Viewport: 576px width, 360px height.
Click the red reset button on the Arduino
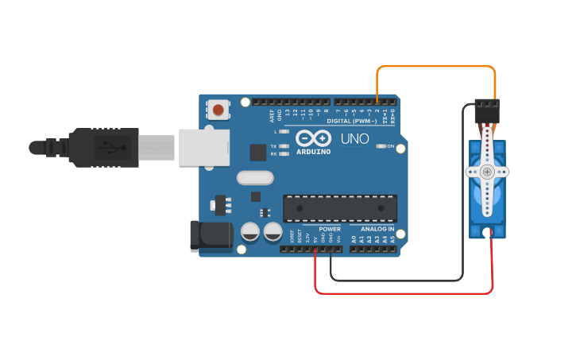pos(218,110)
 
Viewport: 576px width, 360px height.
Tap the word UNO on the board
pos(354,139)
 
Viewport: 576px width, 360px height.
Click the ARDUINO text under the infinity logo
pos(313,151)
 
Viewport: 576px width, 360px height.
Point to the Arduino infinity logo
pos(313,137)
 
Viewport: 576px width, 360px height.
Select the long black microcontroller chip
pos(340,207)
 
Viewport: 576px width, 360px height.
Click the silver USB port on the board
pos(203,147)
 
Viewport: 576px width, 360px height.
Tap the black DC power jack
pos(210,236)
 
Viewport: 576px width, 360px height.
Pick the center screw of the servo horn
pos(486,172)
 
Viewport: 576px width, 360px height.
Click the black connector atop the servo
pos(486,110)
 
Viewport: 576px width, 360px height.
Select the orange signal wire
pos(435,67)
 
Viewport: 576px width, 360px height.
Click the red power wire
pos(404,292)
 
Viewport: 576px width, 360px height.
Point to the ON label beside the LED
pos(391,146)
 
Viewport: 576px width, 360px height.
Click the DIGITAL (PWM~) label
pos(352,121)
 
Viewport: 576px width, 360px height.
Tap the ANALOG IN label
pos(372,229)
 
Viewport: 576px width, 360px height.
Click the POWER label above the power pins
pos(329,229)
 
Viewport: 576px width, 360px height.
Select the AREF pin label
pos(272,114)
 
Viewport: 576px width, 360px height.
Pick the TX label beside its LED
pos(274,146)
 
